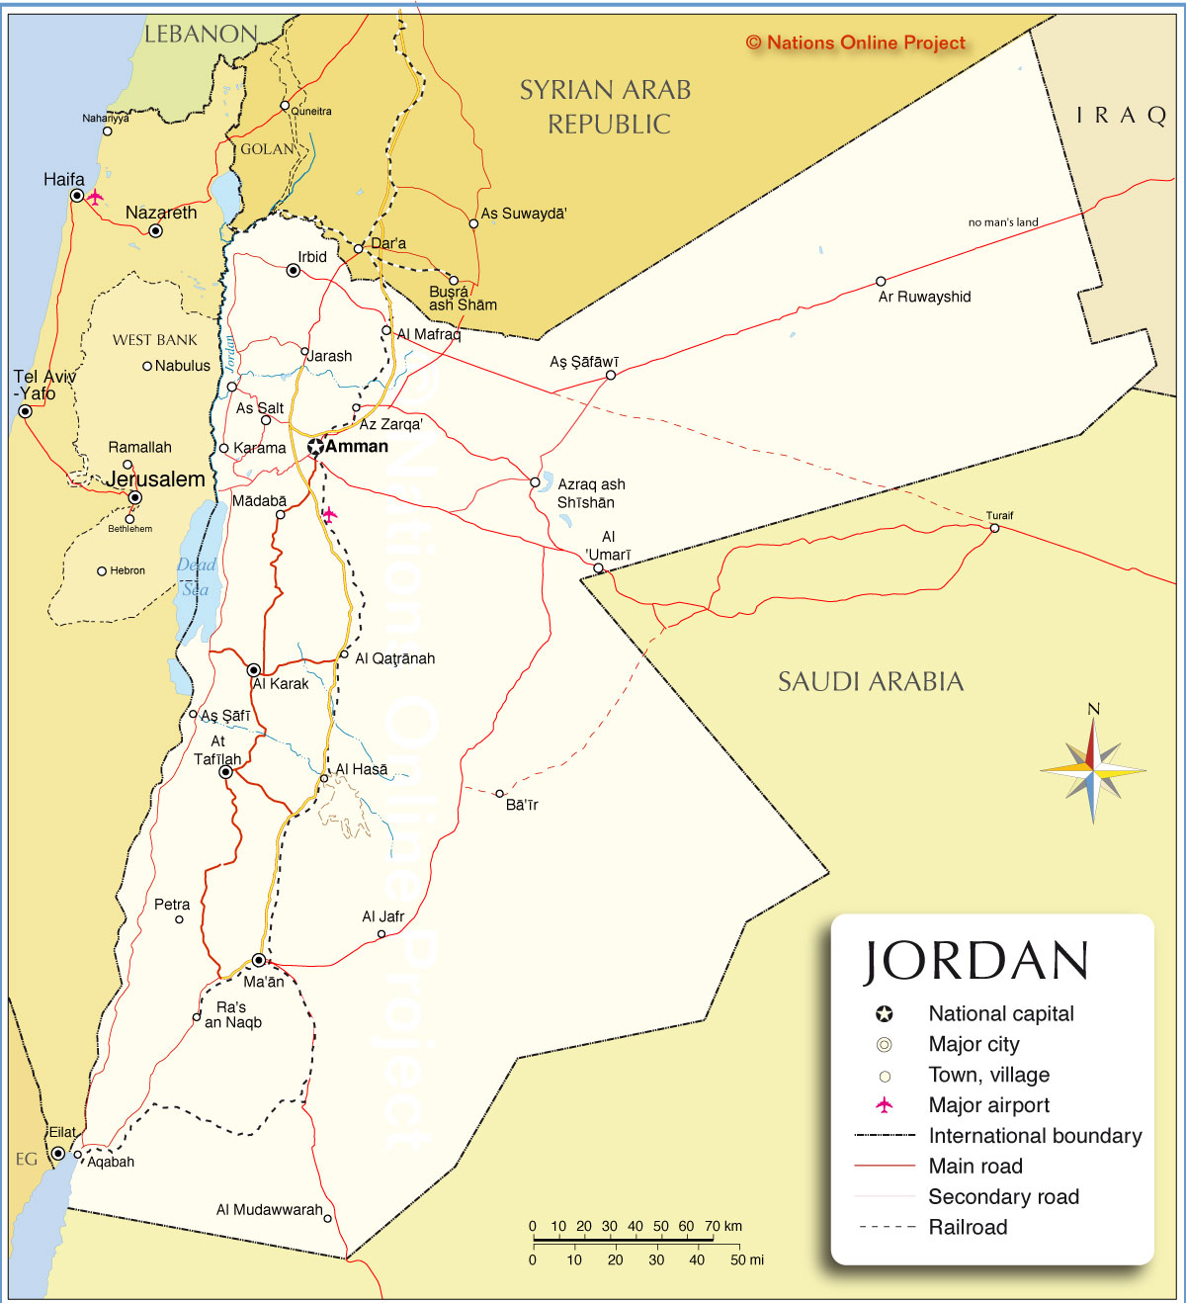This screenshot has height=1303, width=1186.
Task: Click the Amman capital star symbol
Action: (x=315, y=447)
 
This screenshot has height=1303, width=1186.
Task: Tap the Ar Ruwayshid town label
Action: (x=924, y=297)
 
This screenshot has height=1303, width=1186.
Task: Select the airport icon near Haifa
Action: (x=95, y=197)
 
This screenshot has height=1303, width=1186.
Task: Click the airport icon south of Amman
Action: (x=329, y=514)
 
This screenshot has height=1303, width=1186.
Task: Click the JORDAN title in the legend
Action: (x=976, y=961)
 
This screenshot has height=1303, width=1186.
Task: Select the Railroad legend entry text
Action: (x=968, y=1227)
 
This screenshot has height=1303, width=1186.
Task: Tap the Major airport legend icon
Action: (x=885, y=1105)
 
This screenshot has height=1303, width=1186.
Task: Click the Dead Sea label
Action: (x=196, y=576)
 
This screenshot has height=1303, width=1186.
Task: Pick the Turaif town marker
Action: (x=994, y=528)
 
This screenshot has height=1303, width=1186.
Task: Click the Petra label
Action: (x=172, y=905)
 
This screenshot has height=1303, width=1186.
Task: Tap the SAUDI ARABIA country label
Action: (x=870, y=681)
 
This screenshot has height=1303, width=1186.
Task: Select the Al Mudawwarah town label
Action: (x=269, y=1210)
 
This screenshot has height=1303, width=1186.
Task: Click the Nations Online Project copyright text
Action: (x=856, y=43)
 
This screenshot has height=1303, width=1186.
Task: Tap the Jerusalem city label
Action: (x=156, y=479)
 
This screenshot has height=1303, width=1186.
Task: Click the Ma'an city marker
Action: (x=259, y=960)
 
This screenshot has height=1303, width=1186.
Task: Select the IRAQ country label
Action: (x=1121, y=116)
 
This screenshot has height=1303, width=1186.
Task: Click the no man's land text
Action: (x=1003, y=222)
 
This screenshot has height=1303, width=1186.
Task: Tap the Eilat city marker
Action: (x=58, y=1154)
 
